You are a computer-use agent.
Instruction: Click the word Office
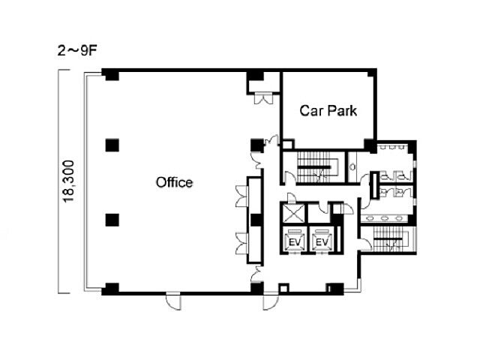pyautogui.click(x=174, y=182)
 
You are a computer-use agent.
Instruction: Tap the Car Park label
pyautogui.click(x=328, y=110)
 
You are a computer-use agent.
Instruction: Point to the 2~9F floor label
pyautogui.click(x=76, y=51)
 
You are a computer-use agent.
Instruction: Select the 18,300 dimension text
pyautogui.click(x=68, y=181)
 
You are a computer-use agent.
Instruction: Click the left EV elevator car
pyautogui.click(x=294, y=240)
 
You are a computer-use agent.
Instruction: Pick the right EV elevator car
pyautogui.click(x=321, y=240)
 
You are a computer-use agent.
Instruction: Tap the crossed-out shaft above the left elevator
pyautogui.click(x=294, y=213)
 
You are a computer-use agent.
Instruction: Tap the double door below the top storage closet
pyautogui.click(x=263, y=98)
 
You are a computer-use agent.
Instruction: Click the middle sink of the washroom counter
pyautogui.click(x=385, y=218)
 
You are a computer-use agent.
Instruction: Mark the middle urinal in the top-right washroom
pyautogui.click(x=391, y=147)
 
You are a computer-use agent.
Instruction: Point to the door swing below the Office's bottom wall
pyautogui.click(x=173, y=301)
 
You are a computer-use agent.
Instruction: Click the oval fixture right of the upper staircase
pyautogui.click(x=352, y=167)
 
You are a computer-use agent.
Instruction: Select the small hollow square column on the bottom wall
pyautogui.click(x=283, y=288)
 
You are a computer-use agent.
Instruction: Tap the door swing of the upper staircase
pyautogui.click(x=288, y=178)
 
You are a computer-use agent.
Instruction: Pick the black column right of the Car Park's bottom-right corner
pyautogui.click(x=370, y=145)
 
